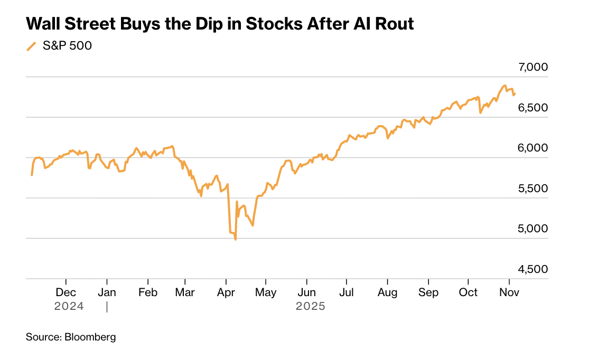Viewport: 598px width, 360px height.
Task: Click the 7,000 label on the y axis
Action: click(x=534, y=68)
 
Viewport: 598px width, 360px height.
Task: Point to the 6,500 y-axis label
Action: click(x=534, y=108)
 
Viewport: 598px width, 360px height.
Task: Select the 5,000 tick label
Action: click(x=534, y=229)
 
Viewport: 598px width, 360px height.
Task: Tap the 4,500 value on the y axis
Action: click(x=534, y=269)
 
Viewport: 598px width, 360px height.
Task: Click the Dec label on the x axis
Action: click(x=66, y=292)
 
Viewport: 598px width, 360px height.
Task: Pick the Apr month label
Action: click(x=226, y=292)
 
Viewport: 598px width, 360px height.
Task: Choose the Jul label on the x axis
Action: click(x=347, y=292)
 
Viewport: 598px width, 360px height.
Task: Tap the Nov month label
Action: click(x=509, y=292)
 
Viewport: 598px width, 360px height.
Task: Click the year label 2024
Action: click(x=69, y=306)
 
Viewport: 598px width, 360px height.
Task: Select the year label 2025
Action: click(x=311, y=306)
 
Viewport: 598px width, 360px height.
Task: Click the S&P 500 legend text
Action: click(x=67, y=46)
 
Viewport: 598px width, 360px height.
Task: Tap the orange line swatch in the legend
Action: click(x=32, y=46)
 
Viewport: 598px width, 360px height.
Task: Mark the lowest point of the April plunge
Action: click(x=235, y=240)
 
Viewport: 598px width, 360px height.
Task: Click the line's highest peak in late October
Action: click(x=504, y=86)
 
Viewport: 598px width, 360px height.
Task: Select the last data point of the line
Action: click(x=515, y=94)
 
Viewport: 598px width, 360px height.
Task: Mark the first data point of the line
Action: click(x=32, y=175)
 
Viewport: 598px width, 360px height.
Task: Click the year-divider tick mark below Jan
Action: click(x=107, y=306)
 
